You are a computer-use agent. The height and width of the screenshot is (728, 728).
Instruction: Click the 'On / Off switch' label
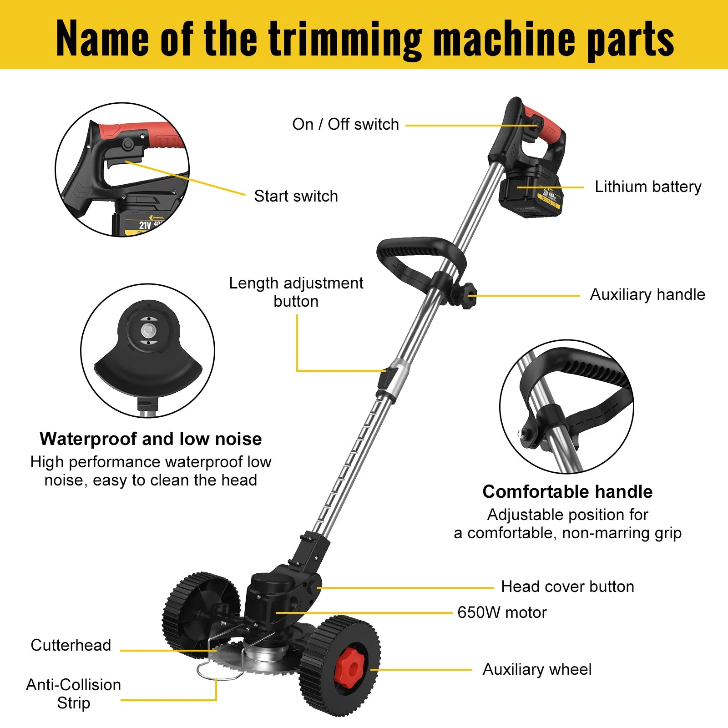(x=345, y=124)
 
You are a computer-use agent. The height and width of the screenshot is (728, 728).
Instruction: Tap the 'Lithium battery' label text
(x=648, y=187)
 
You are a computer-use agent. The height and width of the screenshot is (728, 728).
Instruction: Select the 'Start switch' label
(x=296, y=196)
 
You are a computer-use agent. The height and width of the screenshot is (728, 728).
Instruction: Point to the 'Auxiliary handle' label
(x=647, y=294)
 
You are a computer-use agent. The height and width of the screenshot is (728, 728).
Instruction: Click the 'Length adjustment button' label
(x=296, y=292)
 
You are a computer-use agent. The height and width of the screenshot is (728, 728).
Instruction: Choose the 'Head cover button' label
(x=567, y=586)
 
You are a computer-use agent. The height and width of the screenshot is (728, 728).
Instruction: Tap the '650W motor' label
(x=502, y=612)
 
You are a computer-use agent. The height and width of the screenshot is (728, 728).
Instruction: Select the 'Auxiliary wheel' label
(x=537, y=669)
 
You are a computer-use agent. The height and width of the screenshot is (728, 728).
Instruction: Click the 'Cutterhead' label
(x=71, y=645)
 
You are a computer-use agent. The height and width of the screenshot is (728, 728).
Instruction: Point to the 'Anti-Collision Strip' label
(x=74, y=694)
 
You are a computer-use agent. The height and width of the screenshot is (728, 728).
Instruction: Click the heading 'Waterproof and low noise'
(x=151, y=439)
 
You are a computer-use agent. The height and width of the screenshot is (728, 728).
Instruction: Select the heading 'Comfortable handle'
(x=567, y=492)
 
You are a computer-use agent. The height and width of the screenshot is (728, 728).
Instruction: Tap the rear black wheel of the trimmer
(x=200, y=610)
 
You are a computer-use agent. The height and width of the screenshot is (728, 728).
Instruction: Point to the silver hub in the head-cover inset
(x=147, y=330)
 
